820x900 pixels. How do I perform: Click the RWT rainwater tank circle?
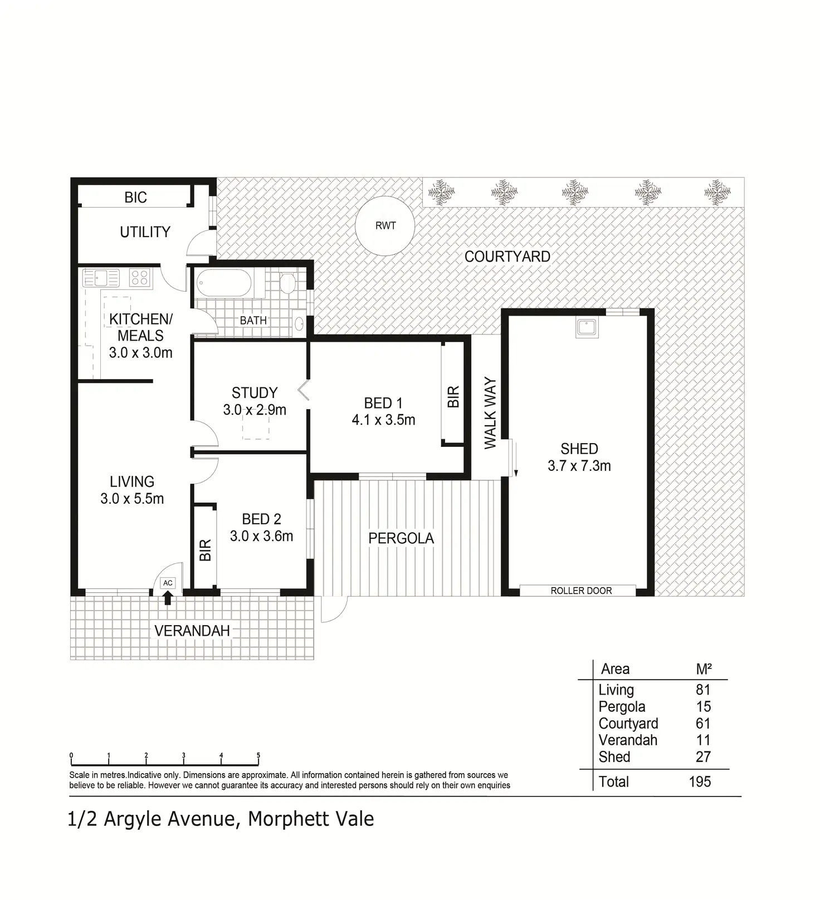pos(385,225)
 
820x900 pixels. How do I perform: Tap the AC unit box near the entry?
pos(168,583)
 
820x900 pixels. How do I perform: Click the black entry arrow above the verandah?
pos(168,597)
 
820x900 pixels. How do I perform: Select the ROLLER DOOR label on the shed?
pos(581,591)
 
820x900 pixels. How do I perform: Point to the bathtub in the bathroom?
pos(224,283)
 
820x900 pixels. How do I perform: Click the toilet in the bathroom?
pos(287,282)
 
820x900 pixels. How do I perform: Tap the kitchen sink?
pos(101,277)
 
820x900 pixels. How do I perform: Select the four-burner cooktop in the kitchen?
pos(140,277)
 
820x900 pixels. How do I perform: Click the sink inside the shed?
pos(587,328)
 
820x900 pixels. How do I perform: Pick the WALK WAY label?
pos(490,412)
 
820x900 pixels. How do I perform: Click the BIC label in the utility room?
pos(135,198)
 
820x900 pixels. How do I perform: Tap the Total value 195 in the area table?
pos(700,781)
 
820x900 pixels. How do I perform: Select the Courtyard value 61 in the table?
pos(703,723)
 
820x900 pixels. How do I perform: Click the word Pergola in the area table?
pos(622,707)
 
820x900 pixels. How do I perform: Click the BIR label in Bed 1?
pos(453,397)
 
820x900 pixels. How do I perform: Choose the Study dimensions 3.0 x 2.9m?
pos(255,410)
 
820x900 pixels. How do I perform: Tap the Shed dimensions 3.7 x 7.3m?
pos(579,466)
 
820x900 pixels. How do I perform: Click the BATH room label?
pos(253,321)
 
